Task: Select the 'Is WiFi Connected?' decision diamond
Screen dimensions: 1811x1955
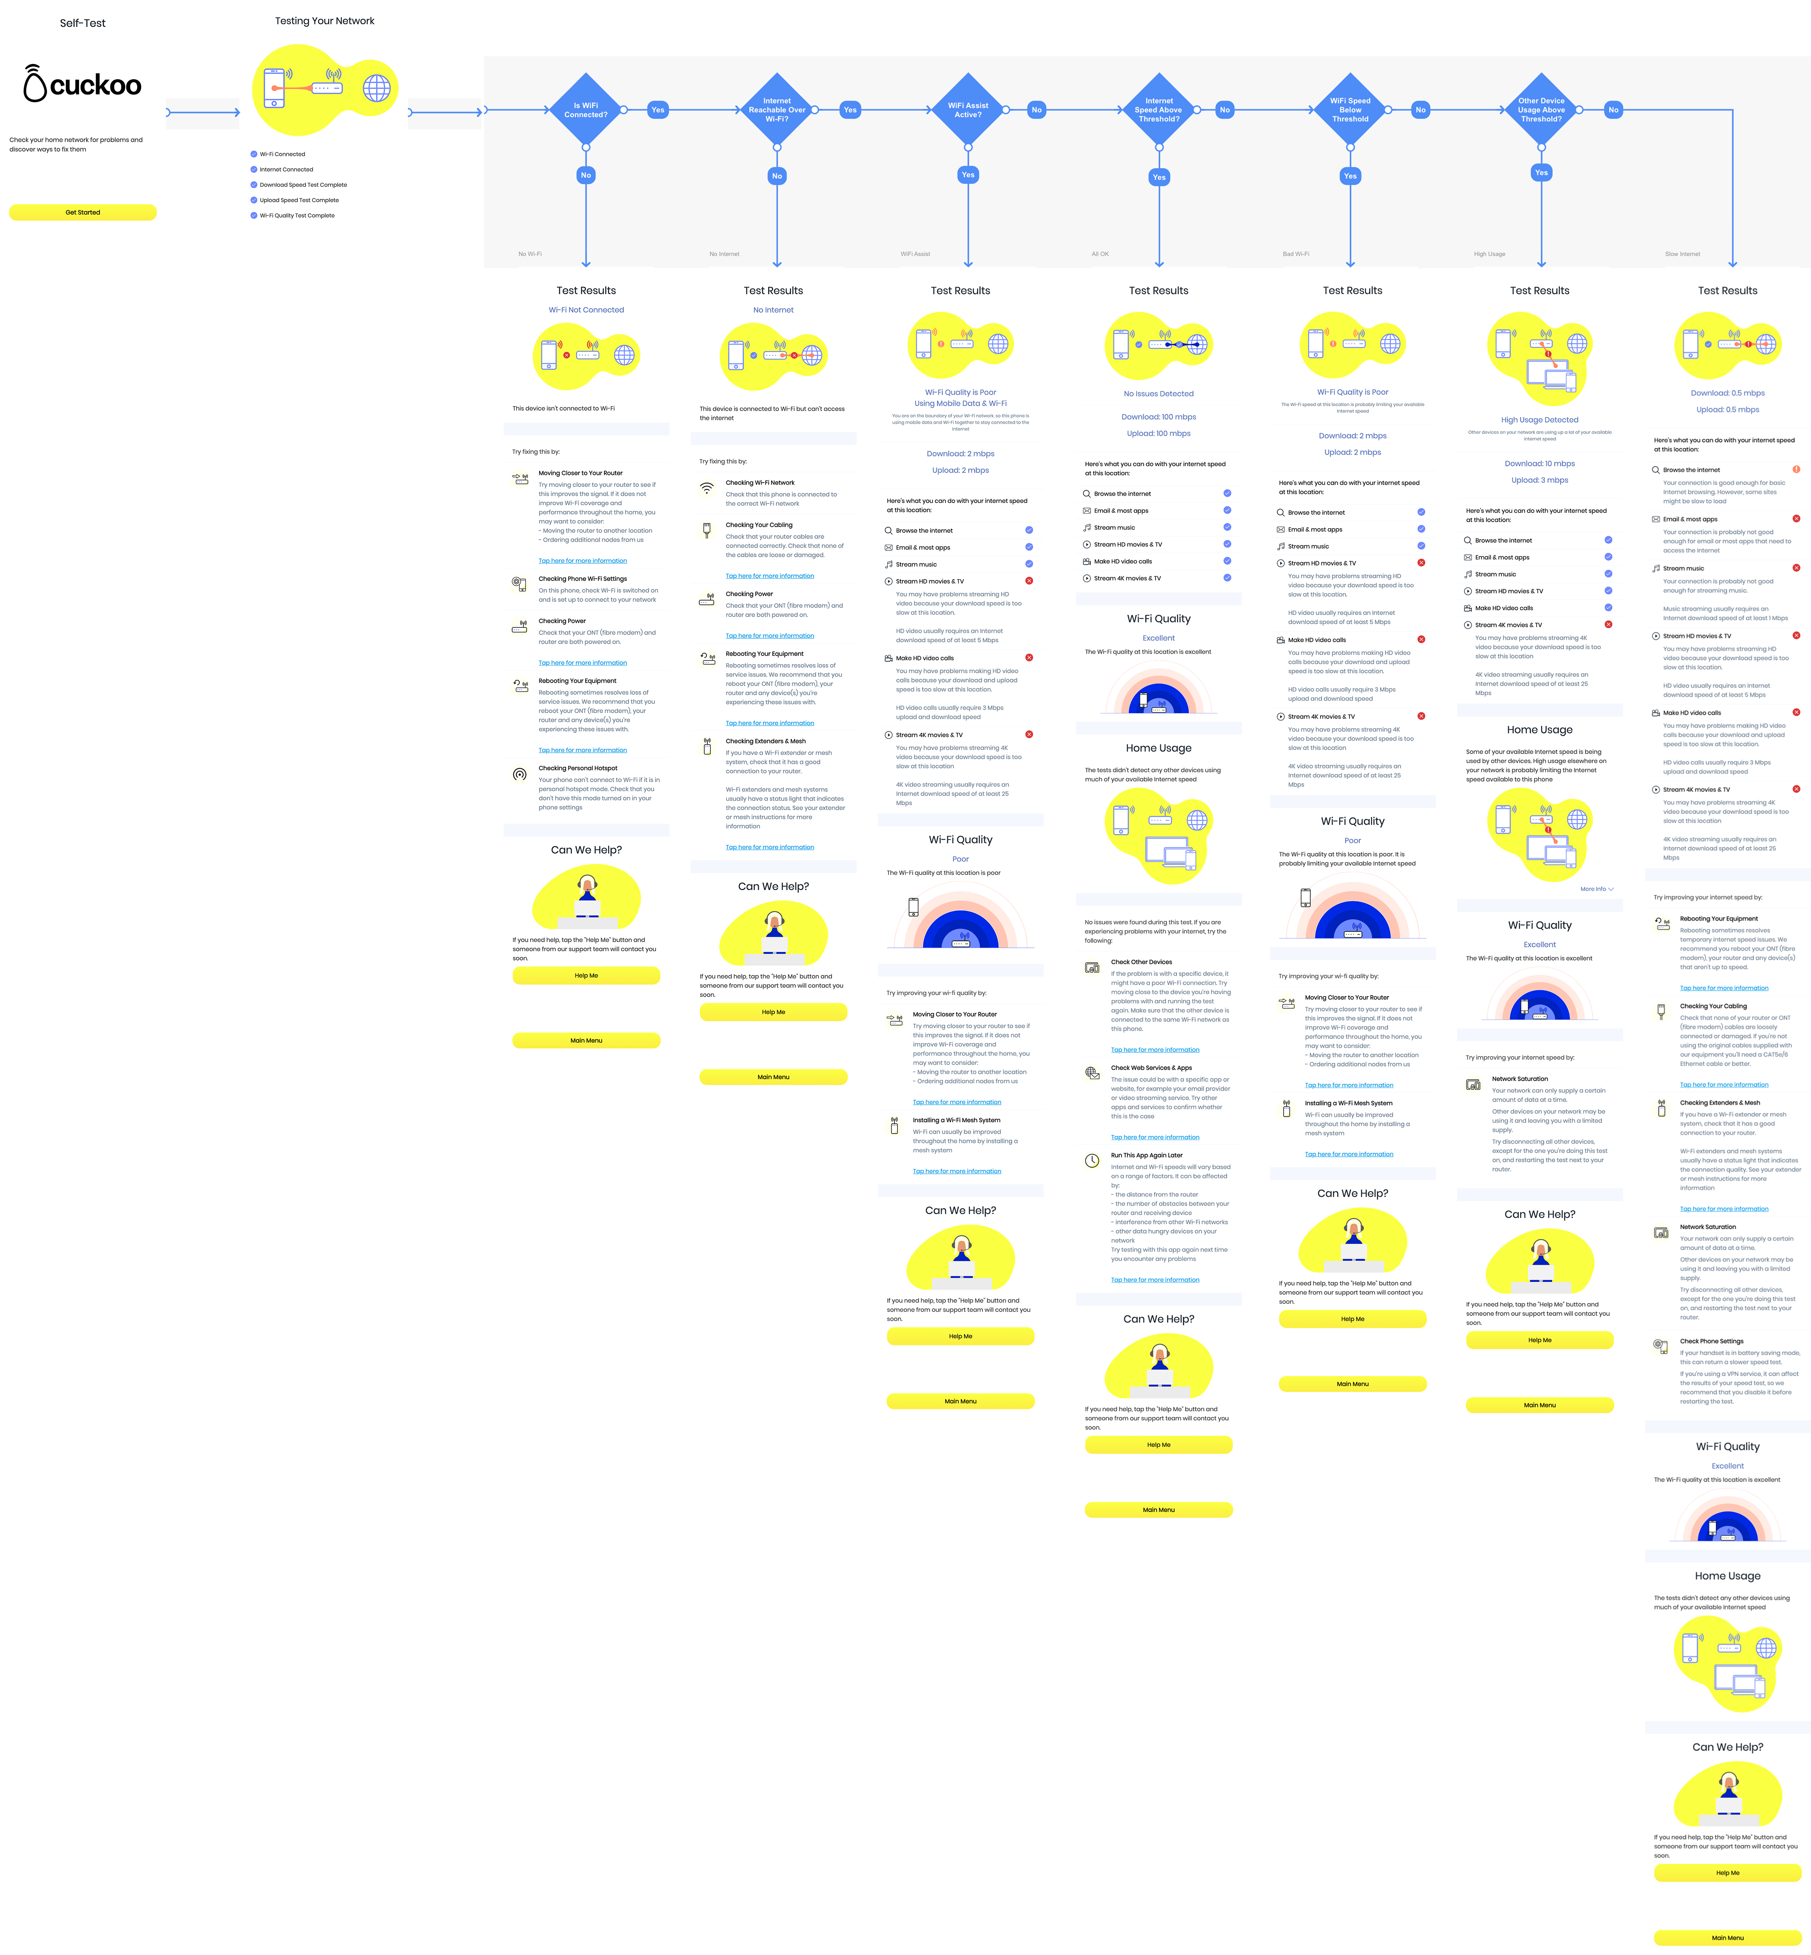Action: click(x=586, y=110)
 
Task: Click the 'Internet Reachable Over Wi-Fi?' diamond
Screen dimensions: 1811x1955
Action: click(x=777, y=110)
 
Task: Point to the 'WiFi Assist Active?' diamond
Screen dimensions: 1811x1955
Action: click(x=968, y=110)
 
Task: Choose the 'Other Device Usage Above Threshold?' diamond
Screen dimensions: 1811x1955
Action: click(x=1541, y=110)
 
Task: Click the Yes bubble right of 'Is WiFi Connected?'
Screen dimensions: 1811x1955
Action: click(x=658, y=110)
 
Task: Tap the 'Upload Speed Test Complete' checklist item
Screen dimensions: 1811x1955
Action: click(x=299, y=200)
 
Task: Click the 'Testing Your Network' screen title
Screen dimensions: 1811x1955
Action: click(x=325, y=20)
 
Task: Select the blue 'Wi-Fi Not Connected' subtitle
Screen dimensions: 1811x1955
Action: click(x=586, y=310)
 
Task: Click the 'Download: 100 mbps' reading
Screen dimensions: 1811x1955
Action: click(x=1158, y=417)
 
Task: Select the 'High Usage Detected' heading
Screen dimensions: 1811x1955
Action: click(x=1540, y=420)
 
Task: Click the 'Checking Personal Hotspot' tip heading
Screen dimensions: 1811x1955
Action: click(x=577, y=769)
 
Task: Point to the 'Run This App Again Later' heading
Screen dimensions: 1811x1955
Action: click(x=1147, y=1155)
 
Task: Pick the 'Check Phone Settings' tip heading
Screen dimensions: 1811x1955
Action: click(x=1711, y=1341)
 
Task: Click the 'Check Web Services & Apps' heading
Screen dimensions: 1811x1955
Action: click(x=1150, y=1068)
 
